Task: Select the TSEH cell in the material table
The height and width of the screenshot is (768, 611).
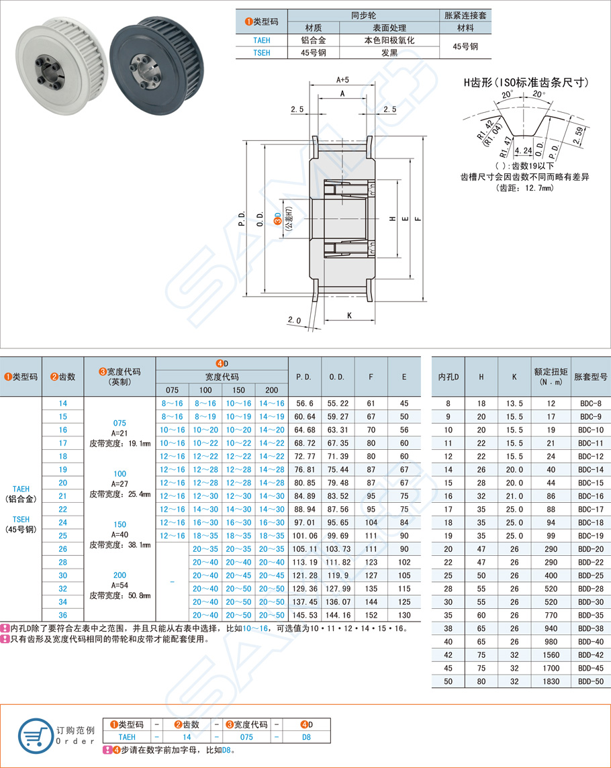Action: (x=261, y=52)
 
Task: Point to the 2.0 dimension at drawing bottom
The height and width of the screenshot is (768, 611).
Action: (x=294, y=320)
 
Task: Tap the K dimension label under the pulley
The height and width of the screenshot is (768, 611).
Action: (x=350, y=315)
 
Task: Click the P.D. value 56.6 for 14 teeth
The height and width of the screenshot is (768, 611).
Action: (x=305, y=403)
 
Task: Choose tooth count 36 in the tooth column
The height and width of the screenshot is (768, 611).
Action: (x=63, y=615)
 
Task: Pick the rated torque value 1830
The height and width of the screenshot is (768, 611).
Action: (x=551, y=681)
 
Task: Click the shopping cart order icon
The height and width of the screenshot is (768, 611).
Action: (x=34, y=734)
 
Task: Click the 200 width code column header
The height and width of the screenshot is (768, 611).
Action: (x=271, y=389)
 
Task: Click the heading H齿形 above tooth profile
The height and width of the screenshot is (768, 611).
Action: (x=526, y=83)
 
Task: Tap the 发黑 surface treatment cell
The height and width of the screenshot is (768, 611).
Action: (x=389, y=52)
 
